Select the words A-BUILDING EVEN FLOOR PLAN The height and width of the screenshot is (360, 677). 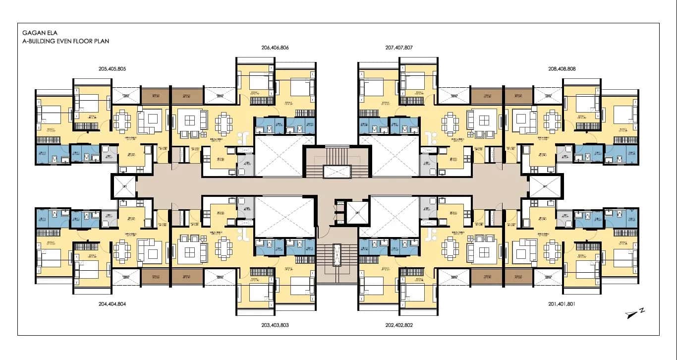(65, 41)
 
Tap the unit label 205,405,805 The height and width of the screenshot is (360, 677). (113, 69)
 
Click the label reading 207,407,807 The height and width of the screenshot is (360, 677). (398, 48)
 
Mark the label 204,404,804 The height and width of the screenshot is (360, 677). (113, 303)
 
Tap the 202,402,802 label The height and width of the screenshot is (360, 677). (398, 325)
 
